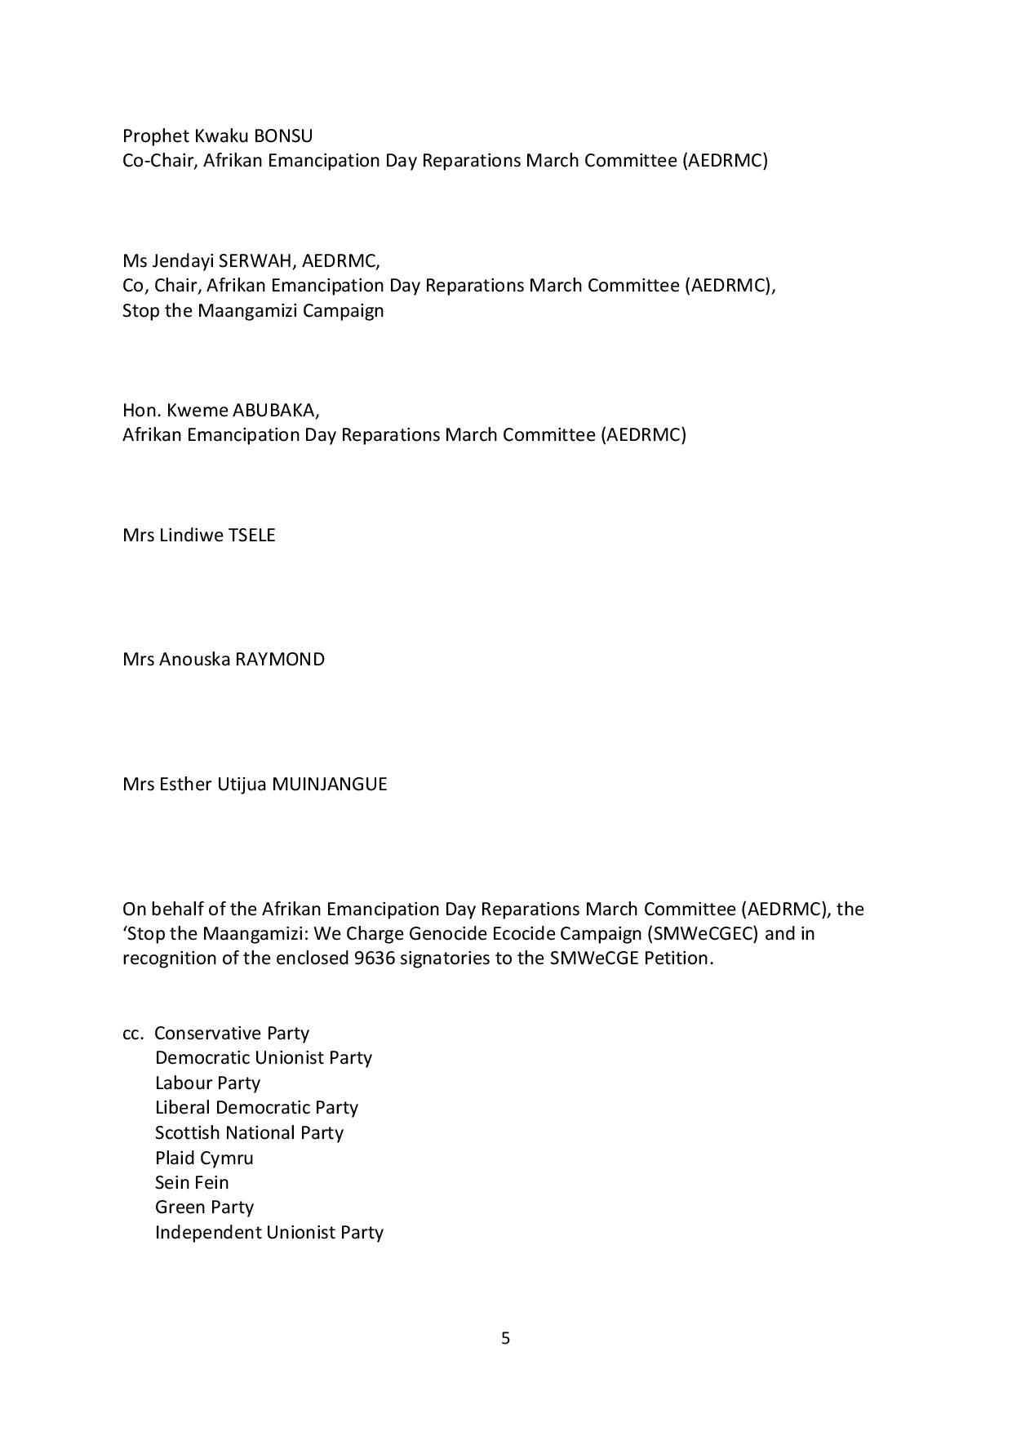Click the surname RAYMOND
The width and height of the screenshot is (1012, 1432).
pyautogui.click(x=280, y=660)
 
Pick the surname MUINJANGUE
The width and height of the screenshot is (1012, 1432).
pyautogui.click(x=330, y=785)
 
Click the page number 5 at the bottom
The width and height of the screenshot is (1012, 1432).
pyautogui.click(x=505, y=1338)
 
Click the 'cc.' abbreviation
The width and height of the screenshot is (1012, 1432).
pyautogui.click(x=133, y=1034)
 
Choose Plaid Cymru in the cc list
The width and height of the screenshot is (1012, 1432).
pyautogui.click(x=204, y=1158)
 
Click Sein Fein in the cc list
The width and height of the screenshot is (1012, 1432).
pyautogui.click(x=192, y=1182)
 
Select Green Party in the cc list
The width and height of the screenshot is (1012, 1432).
pyautogui.click(x=204, y=1207)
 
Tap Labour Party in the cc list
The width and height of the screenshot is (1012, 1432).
pyautogui.click(x=207, y=1083)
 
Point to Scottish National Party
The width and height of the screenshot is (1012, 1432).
pyautogui.click(x=249, y=1133)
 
